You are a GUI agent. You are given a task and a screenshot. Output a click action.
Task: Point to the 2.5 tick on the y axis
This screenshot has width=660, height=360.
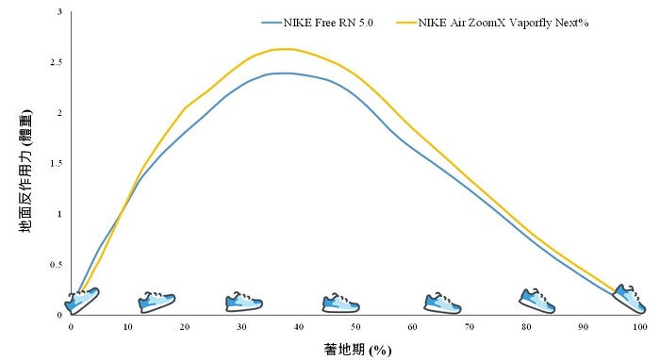tap(60, 62)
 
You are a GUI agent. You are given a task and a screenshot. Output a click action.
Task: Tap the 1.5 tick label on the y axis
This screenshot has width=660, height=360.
tap(60, 163)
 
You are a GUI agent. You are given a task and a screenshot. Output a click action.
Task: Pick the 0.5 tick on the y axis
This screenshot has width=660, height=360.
tap(60, 265)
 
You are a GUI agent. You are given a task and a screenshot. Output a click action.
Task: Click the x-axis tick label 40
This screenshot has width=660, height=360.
tap(299, 326)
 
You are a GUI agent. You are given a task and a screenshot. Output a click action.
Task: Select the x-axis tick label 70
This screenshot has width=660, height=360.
tap(470, 326)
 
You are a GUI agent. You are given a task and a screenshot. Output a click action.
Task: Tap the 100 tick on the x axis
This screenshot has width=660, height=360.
tap(640, 326)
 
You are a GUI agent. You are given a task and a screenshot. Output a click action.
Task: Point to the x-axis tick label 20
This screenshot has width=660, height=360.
tap(185, 326)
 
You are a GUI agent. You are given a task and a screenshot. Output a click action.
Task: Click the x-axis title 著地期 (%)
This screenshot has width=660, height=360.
tap(355, 350)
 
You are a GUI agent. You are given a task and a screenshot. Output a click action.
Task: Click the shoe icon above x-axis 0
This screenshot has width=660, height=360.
tap(82, 301)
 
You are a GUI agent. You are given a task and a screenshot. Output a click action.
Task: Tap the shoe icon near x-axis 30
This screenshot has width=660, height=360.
tap(244, 303)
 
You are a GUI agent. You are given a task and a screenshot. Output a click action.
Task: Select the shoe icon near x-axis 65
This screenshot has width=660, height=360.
tap(442, 303)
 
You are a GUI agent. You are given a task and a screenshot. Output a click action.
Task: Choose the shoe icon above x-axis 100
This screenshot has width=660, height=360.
tap(630, 298)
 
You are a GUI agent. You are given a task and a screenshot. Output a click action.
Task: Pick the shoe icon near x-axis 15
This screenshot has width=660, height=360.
tap(157, 302)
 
